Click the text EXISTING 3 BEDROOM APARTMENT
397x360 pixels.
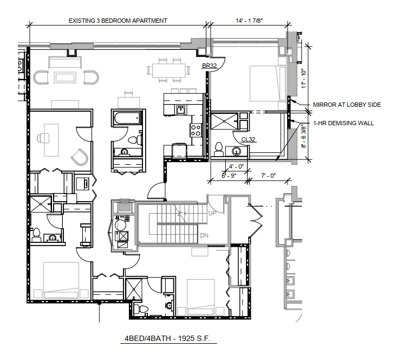(118, 21)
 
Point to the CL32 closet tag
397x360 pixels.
(248, 139)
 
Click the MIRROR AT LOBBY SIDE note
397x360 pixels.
(347, 105)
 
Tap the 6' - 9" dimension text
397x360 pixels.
(230, 176)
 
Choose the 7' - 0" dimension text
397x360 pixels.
(268, 176)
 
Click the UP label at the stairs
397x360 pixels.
(213, 213)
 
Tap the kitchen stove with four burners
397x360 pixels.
(196, 130)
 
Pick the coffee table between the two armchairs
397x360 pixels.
(67, 77)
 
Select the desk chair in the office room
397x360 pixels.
(80, 157)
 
